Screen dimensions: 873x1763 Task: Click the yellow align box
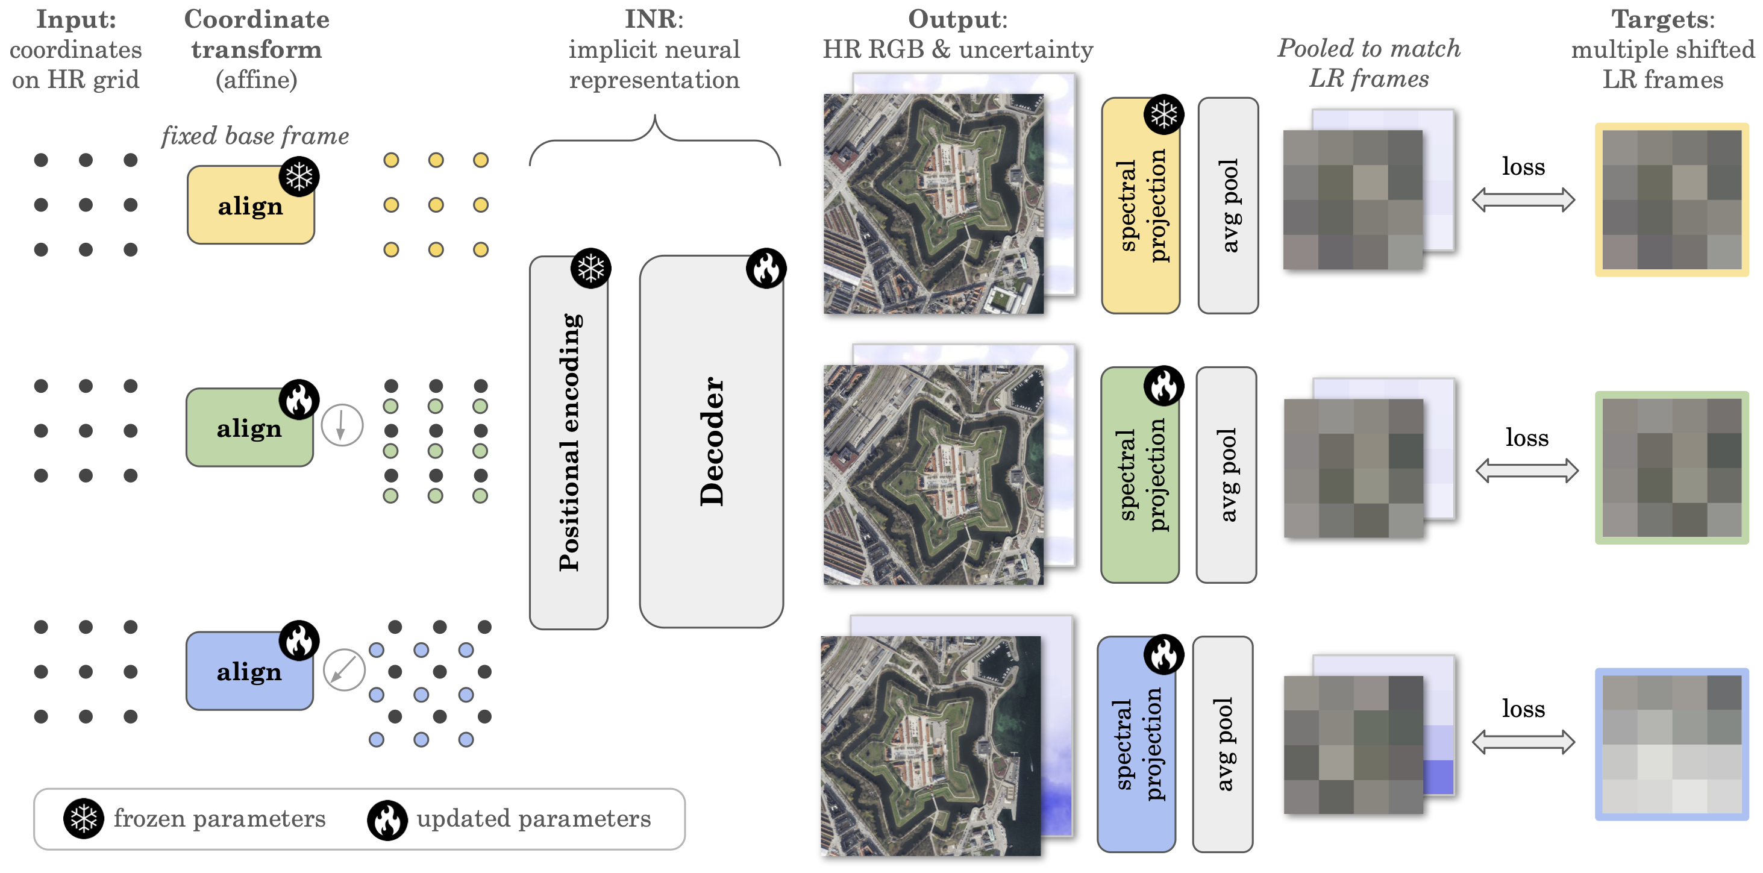tap(251, 205)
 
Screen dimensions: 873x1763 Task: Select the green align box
tap(249, 428)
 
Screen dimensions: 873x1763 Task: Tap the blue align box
tap(249, 671)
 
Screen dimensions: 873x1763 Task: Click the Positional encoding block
tap(569, 443)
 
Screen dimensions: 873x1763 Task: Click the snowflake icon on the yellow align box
tap(299, 177)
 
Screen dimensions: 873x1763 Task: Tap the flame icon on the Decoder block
tap(766, 268)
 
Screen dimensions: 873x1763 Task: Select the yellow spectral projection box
tap(1140, 206)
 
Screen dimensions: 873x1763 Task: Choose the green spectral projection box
tap(1139, 475)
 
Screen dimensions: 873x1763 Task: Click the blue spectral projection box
tap(1136, 745)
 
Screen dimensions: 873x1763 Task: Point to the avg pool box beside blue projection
tap(1223, 745)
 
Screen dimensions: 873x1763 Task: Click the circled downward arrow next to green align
tap(342, 425)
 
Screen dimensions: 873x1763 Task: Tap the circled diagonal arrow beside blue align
tap(343, 669)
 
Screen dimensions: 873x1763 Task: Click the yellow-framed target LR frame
tap(1671, 200)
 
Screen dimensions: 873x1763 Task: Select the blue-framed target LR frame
tap(1671, 745)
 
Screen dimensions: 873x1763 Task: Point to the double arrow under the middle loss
tap(1526, 471)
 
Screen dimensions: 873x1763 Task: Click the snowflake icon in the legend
tap(84, 818)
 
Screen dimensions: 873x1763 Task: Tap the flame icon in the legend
tap(387, 819)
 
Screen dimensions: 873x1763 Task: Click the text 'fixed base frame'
tap(255, 136)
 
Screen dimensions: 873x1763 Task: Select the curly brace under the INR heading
tap(655, 141)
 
